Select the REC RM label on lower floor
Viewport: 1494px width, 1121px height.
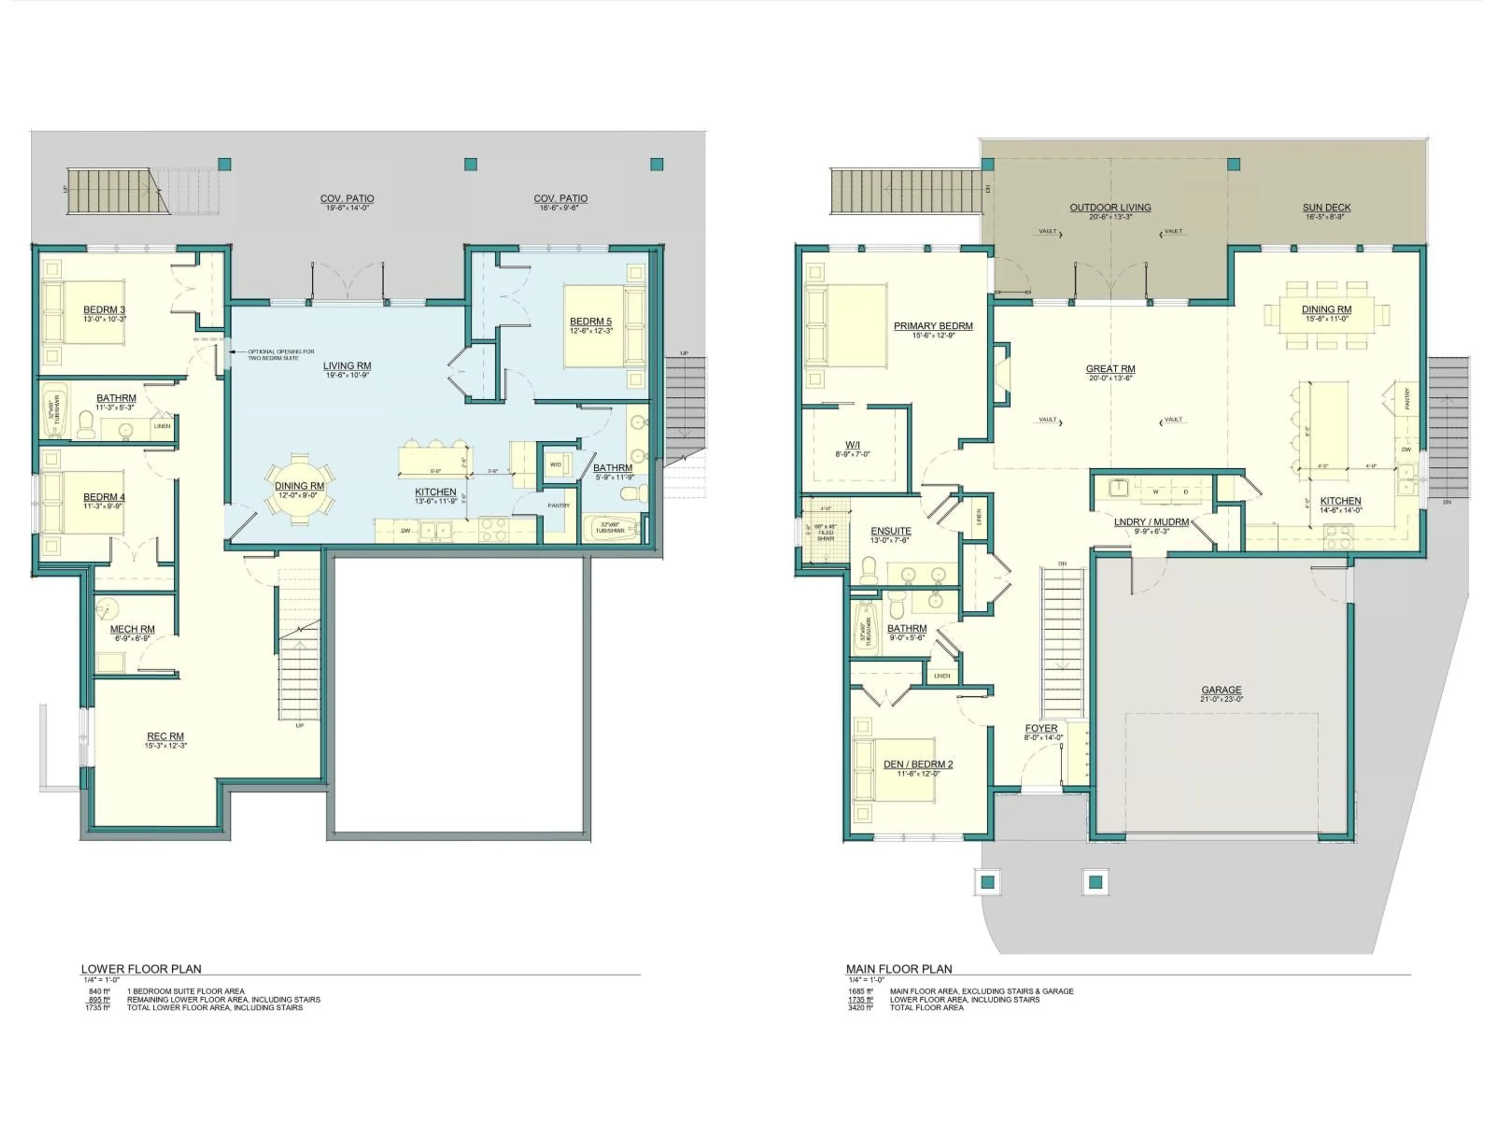[165, 736]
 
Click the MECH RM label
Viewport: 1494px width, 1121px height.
[132, 629]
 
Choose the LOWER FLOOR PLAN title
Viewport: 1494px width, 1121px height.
[141, 969]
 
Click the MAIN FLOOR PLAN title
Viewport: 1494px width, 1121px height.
[899, 969]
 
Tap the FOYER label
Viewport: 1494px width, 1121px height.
[1041, 728]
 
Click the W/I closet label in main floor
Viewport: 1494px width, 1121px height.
[852, 445]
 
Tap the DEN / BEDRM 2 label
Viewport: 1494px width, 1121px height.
[918, 764]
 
